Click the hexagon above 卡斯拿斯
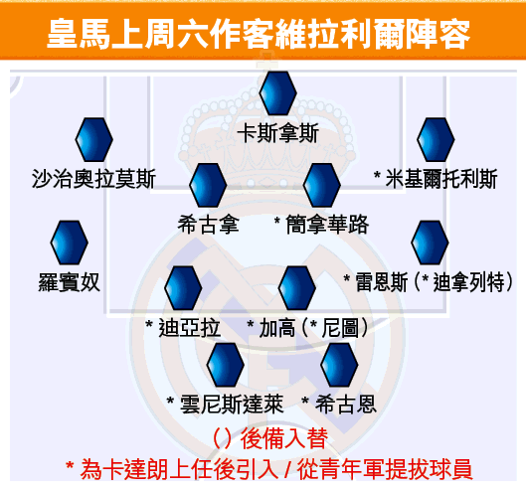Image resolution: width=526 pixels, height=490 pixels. (x=277, y=92)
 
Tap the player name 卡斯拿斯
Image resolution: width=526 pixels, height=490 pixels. (x=277, y=133)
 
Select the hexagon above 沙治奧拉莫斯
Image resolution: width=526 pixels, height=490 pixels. (x=93, y=139)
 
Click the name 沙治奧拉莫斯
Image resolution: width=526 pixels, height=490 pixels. (x=93, y=179)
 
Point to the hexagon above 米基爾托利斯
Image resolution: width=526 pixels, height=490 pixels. (x=436, y=139)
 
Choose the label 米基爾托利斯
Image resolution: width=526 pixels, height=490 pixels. (x=441, y=179)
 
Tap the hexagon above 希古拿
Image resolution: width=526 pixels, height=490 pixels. (x=208, y=185)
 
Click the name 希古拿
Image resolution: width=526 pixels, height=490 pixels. (x=209, y=225)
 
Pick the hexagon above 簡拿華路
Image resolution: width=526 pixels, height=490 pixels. (x=322, y=185)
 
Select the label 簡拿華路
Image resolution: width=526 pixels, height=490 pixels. (x=327, y=225)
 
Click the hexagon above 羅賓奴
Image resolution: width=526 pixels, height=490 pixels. (x=69, y=243)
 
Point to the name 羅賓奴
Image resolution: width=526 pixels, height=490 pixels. (x=69, y=282)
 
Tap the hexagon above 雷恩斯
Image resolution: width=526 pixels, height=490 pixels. (x=430, y=243)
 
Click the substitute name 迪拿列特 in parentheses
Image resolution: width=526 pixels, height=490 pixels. (x=468, y=282)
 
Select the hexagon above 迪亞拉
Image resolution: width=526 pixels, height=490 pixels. (x=183, y=288)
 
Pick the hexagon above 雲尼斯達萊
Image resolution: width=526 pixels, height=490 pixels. (x=226, y=365)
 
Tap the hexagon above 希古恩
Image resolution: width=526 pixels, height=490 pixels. (x=339, y=365)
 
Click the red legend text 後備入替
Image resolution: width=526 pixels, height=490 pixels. (x=284, y=438)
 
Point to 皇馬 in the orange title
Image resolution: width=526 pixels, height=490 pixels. (x=79, y=34)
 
